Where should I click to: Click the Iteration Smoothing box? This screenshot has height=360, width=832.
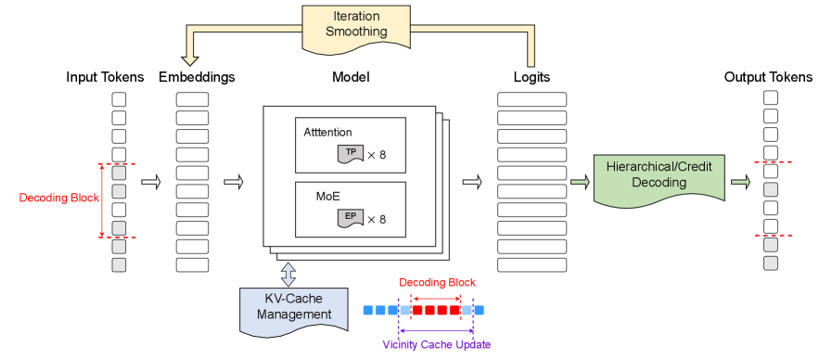357,24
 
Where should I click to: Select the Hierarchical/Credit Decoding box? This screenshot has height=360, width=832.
659,174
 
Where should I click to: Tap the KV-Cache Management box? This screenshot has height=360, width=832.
294,307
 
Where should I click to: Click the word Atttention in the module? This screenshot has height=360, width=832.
327,133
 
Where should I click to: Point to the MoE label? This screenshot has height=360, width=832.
317,197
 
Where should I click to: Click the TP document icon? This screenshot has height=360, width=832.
350,154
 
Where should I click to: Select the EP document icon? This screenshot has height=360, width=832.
350,219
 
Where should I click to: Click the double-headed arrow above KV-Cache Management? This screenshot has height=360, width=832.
288,274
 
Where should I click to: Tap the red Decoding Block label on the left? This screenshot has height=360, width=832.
58,199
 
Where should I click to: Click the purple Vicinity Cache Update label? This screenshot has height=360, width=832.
436,344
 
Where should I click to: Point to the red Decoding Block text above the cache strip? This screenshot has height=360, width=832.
437,282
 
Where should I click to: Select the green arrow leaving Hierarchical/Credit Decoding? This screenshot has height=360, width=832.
739,182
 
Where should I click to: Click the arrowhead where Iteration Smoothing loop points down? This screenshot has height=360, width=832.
190,59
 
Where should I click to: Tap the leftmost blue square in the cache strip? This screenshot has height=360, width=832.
367,310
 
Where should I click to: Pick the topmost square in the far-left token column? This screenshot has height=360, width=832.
119,99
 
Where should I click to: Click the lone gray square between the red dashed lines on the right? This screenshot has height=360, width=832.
770,189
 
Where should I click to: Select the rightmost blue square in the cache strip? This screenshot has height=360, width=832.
479,310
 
